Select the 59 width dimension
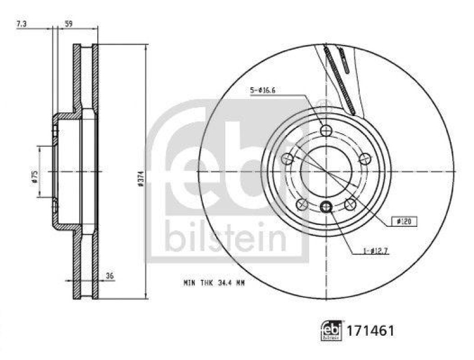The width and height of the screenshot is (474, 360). [x=68, y=24]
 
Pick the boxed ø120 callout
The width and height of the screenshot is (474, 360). [x=405, y=221]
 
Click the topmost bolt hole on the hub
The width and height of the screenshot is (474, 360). [x=326, y=130]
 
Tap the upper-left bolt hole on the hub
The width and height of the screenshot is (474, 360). [x=287, y=159]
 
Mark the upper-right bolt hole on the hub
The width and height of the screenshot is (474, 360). [x=365, y=159]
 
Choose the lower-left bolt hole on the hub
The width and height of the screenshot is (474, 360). [x=302, y=204]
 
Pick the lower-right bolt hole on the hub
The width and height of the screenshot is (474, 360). [x=350, y=204]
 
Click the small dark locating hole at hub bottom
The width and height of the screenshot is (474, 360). [x=326, y=207]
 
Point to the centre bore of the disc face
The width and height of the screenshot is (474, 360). [x=326, y=171]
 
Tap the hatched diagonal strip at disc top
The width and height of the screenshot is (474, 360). [x=339, y=80]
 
